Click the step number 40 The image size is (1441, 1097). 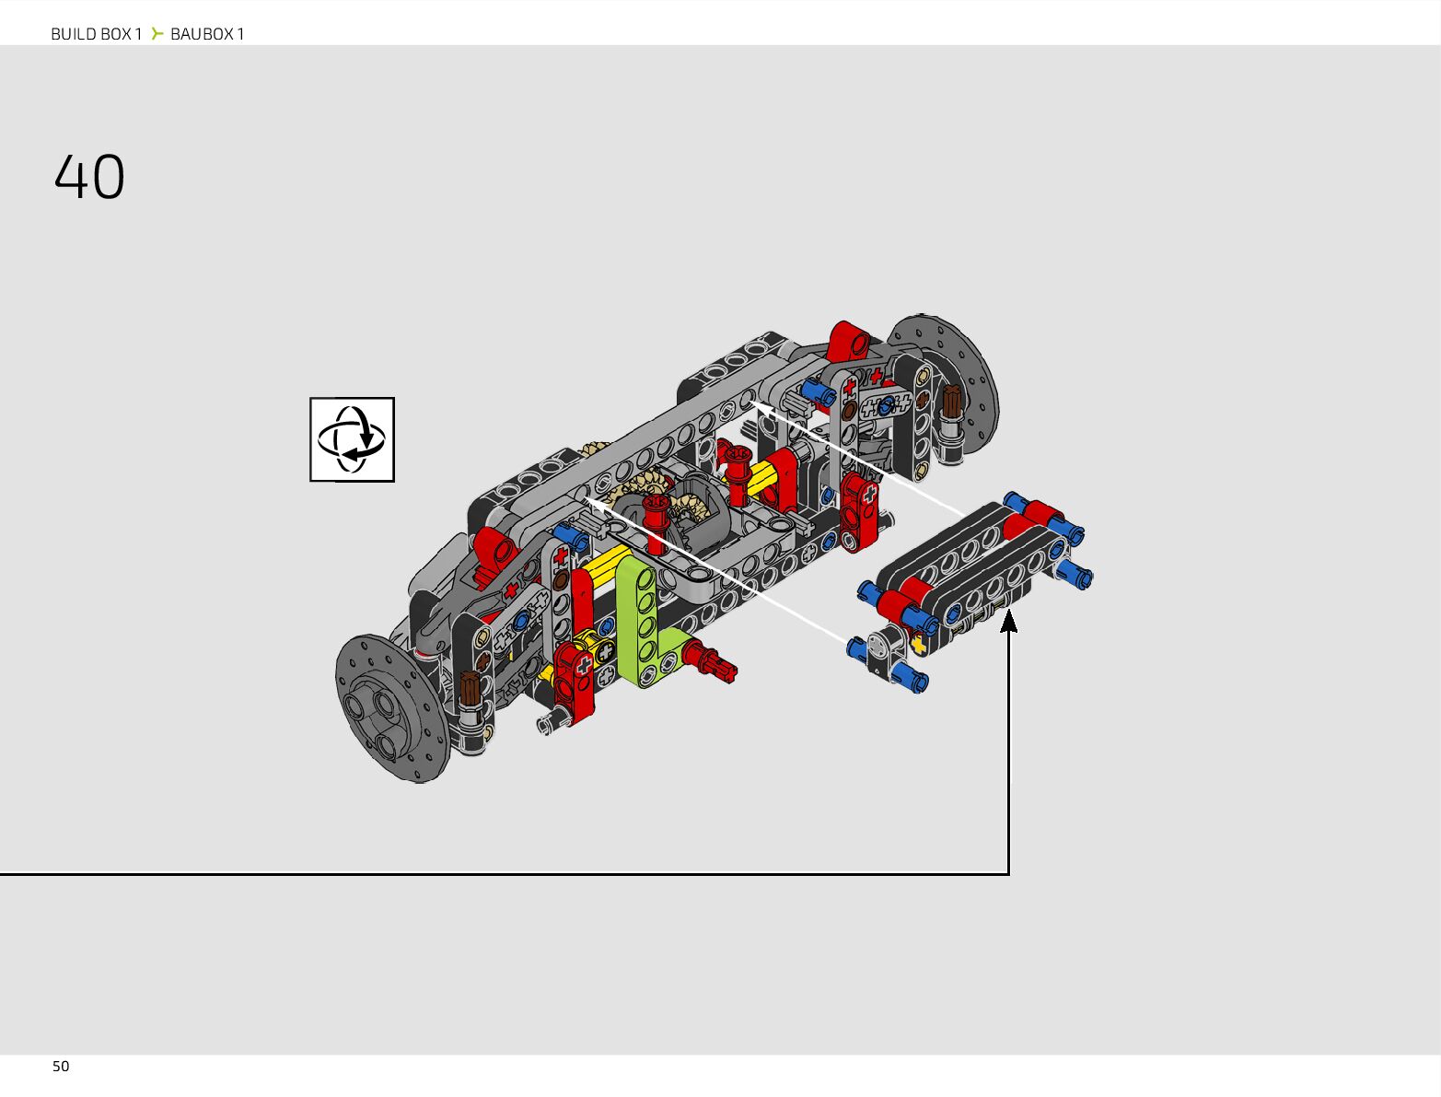(89, 176)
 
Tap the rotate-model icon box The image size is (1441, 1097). (352, 439)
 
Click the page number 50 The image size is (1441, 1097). (61, 1067)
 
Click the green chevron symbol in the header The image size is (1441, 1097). (157, 33)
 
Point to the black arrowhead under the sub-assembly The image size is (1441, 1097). (1008, 621)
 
